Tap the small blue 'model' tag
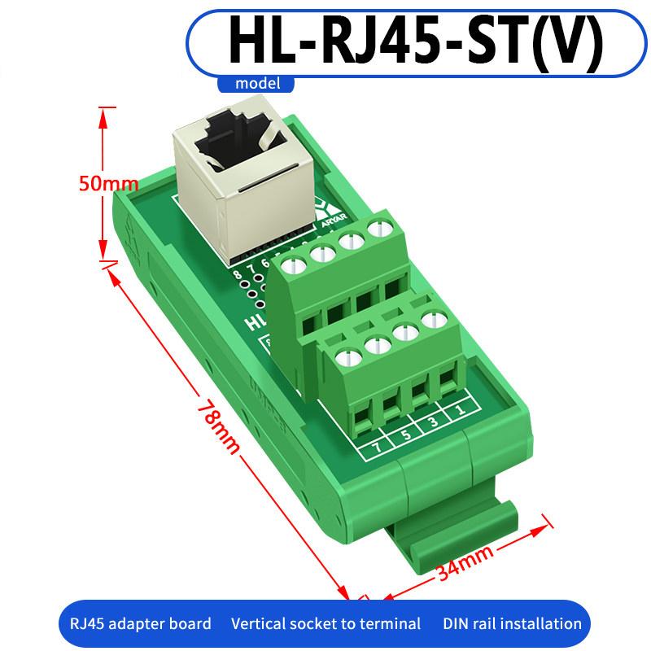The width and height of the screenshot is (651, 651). pyautogui.click(x=257, y=83)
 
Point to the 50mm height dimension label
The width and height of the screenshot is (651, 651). pyautogui.click(x=108, y=183)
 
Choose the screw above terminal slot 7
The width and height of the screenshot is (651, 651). pyautogui.click(x=348, y=357)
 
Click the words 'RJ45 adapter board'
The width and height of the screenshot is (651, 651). pyautogui.click(x=135, y=624)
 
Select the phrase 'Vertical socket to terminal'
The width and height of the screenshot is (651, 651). pyautogui.click(x=325, y=624)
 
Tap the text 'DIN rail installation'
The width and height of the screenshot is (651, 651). pyautogui.click(x=513, y=624)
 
